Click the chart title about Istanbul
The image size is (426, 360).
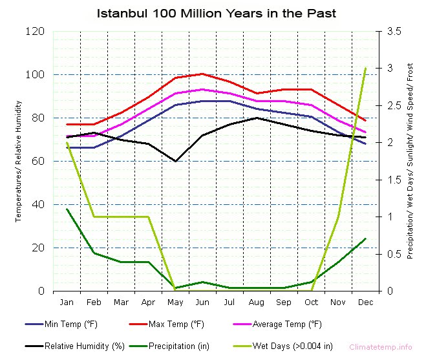click(x=217, y=13)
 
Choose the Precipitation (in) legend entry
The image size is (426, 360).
click(x=178, y=346)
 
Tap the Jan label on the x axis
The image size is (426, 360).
click(x=67, y=302)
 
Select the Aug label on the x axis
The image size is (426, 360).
click(x=257, y=302)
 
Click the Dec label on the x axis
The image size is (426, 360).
click(x=366, y=302)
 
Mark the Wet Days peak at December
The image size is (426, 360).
click(x=366, y=68)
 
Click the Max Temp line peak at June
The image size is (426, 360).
click(x=202, y=74)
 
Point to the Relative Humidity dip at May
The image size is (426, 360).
click(x=175, y=161)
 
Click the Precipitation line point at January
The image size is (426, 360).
click(x=67, y=209)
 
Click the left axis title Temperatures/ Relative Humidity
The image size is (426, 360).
click(x=19, y=161)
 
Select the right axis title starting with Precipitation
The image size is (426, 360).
click(x=410, y=161)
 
